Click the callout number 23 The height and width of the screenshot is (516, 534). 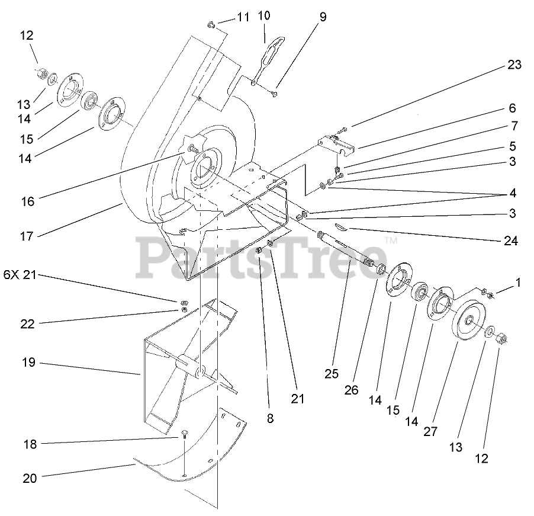(514, 65)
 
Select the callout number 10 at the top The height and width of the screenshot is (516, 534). (263, 15)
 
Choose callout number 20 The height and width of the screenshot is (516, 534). (30, 478)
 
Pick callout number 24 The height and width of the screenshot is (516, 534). (510, 241)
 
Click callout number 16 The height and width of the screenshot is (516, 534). (27, 201)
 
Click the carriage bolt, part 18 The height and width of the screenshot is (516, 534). (184, 438)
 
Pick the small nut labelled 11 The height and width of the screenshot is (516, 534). (211, 25)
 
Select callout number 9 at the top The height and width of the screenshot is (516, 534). (323, 17)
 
